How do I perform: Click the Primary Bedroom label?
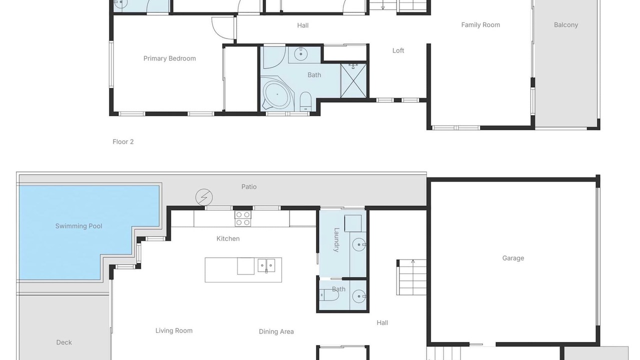(169, 58)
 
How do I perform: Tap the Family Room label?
(480, 25)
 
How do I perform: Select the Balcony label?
(566, 25)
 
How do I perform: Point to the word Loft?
(398, 50)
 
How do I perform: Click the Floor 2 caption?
(123, 141)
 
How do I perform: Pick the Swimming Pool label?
(78, 226)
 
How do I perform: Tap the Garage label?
(513, 258)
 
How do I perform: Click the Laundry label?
(336, 240)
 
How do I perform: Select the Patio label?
(249, 187)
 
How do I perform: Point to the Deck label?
(64, 342)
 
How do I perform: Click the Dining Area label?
(276, 331)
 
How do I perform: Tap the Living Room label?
(174, 330)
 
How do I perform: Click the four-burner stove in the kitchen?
(243, 218)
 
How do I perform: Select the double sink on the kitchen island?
(266, 265)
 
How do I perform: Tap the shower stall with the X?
(353, 81)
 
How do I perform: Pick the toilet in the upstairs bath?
(305, 101)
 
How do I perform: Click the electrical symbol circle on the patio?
(204, 197)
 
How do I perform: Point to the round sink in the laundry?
(359, 245)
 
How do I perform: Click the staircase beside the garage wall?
(411, 277)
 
